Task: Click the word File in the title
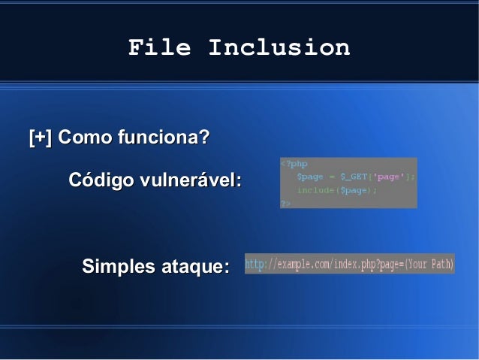point(158,48)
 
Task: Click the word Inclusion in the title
point(279,48)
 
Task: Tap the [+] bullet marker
point(40,138)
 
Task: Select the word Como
point(85,138)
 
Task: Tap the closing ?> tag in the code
point(285,203)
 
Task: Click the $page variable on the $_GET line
point(309,177)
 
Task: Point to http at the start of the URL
point(255,265)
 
